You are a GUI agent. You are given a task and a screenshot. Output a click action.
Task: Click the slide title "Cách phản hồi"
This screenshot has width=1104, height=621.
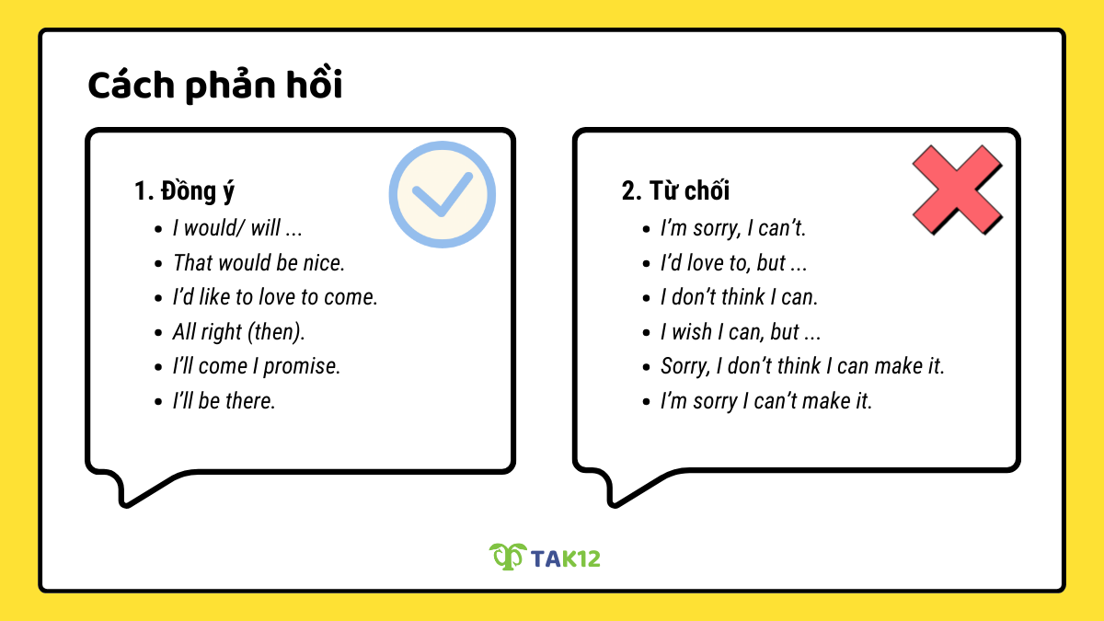pyautogui.click(x=214, y=86)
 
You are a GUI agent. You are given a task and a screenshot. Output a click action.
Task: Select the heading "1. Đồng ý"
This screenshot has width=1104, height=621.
pyautogui.click(x=184, y=191)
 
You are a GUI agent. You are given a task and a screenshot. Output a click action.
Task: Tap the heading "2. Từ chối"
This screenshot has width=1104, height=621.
pyautogui.click(x=675, y=191)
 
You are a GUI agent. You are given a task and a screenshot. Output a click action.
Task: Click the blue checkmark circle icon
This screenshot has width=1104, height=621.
pyautogui.click(x=442, y=194)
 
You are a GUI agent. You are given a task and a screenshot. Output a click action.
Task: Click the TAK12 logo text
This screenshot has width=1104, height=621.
pyautogui.click(x=565, y=557)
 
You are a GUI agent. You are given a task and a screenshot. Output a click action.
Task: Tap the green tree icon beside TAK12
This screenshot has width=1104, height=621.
pyautogui.click(x=506, y=556)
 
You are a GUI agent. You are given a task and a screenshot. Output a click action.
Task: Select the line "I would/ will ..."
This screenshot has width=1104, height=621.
pyautogui.click(x=237, y=228)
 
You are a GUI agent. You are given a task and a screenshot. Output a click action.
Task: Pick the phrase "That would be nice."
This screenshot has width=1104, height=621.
pyautogui.click(x=259, y=263)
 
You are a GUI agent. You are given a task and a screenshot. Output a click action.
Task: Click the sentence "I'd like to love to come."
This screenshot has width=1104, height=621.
pyautogui.click(x=275, y=297)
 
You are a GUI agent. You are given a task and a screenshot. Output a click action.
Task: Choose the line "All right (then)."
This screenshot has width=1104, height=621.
pyautogui.click(x=238, y=332)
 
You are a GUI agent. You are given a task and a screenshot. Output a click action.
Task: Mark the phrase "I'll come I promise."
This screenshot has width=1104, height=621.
pyautogui.click(x=257, y=366)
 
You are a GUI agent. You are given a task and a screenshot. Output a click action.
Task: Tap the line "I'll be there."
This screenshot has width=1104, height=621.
pyautogui.click(x=224, y=401)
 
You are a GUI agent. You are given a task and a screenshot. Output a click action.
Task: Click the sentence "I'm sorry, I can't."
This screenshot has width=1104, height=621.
pyautogui.click(x=733, y=228)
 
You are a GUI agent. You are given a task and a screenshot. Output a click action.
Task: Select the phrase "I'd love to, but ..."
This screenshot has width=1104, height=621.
pyautogui.click(x=733, y=263)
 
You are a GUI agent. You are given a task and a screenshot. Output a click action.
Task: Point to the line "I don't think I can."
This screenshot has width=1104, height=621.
pyautogui.click(x=739, y=297)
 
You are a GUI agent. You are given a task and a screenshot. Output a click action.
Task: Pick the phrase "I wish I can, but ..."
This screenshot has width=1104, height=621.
pyautogui.click(x=741, y=332)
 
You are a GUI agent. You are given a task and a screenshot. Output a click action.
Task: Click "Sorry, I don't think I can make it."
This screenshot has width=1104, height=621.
pyautogui.click(x=802, y=366)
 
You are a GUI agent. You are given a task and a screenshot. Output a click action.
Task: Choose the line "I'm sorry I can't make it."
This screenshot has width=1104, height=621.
pyautogui.click(x=766, y=401)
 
